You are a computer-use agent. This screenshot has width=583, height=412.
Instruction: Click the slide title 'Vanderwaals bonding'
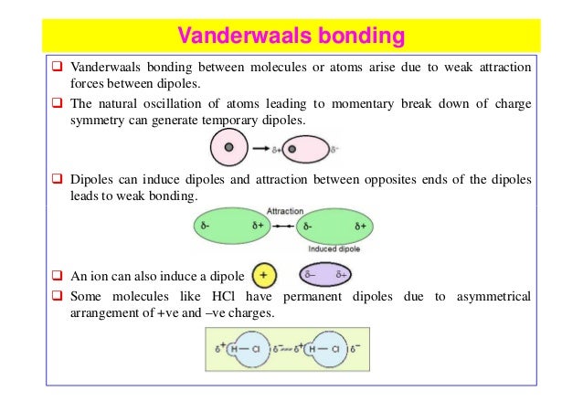tap(291, 37)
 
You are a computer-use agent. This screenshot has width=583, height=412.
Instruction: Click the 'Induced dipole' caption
tap(335, 248)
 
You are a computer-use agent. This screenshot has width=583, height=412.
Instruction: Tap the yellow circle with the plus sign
tap(264, 273)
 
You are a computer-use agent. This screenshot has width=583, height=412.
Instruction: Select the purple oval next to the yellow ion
tap(330, 273)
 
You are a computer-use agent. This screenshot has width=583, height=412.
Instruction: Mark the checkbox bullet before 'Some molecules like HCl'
tap(57, 296)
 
